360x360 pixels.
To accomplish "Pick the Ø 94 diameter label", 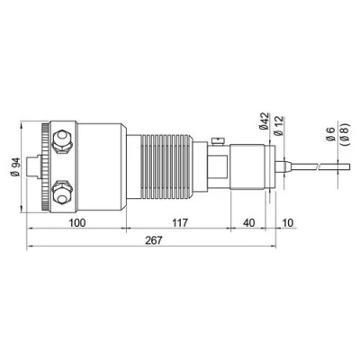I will click(x=17, y=166).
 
